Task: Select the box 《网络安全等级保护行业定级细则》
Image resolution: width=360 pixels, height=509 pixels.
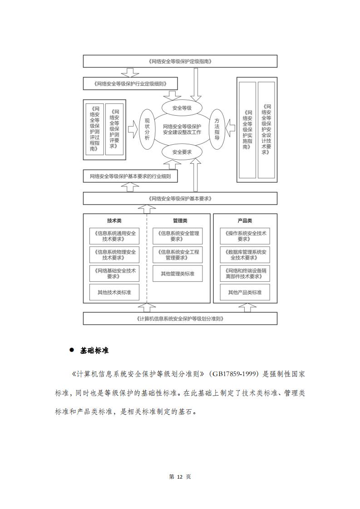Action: [130, 83]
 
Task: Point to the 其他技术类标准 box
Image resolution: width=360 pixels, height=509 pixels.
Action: [114, 292]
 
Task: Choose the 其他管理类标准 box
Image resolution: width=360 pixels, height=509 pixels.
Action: [178, 274]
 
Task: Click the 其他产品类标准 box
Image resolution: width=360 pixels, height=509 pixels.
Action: [245, 292]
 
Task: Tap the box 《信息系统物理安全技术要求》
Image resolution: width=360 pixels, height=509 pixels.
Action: [114, 255]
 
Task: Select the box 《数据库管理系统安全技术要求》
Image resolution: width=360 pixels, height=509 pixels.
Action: [245, 255]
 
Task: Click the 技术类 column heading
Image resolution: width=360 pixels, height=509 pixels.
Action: [114, 221]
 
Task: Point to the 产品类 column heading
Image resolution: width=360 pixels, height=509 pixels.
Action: [245, 221]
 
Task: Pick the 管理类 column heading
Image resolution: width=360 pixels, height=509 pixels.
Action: [180, 221]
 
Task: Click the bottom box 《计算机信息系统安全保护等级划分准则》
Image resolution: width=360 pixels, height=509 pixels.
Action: [180, 318]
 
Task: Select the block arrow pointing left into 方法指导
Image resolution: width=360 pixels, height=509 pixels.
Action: [230, 129]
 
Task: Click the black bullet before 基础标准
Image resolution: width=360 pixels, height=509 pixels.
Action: [72, 350]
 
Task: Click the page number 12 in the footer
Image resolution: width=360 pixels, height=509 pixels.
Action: [180, 476]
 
